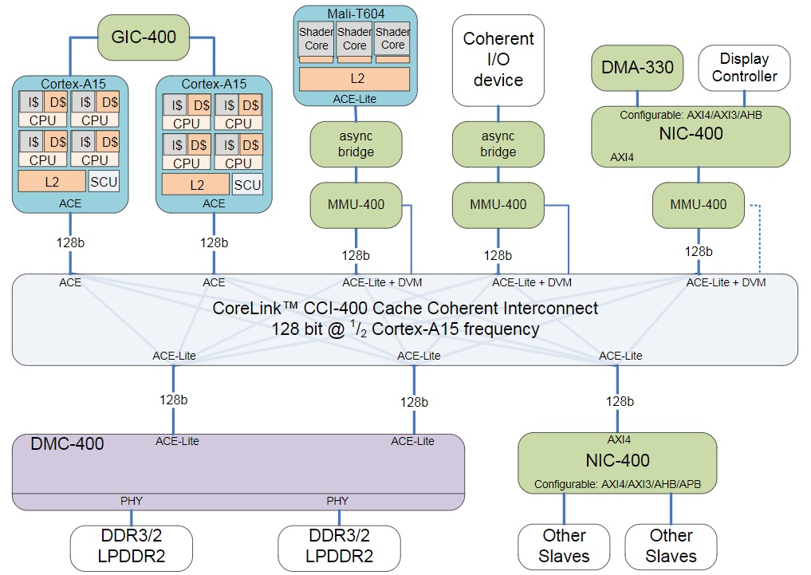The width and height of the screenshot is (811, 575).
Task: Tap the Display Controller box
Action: coord(744,67)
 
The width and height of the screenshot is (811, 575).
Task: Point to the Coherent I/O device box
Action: coord(498,59)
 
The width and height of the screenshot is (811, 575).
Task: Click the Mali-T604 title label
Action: coord(355,14)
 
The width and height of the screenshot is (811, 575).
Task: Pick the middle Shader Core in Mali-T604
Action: coord(354,39)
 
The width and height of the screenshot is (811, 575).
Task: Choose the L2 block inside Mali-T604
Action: coord(354,79)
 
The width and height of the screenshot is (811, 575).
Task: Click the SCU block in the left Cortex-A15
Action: coord(104,181)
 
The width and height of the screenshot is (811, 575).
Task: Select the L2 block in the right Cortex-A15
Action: coord(195,184)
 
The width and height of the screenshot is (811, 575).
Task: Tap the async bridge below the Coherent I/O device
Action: coord(498,144)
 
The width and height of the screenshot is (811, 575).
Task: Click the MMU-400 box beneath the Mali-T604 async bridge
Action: coord(356,204)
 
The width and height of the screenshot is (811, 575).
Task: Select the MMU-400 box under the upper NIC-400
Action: coord(699,204)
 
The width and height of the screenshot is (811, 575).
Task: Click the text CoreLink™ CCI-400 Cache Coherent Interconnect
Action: coord(405,308)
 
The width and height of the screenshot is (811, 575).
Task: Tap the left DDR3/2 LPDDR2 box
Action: coord(132,545)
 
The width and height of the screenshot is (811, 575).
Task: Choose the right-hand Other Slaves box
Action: coord(671,545)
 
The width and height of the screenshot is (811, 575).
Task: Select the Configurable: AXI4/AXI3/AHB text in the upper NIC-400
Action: coord(691,115)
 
